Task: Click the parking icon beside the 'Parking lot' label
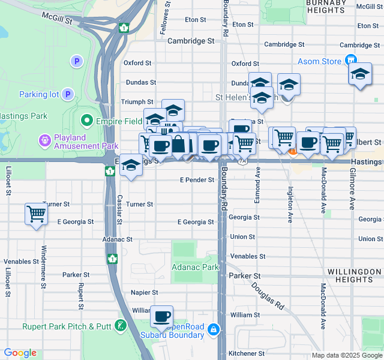[68, 94]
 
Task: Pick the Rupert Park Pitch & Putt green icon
[122, 326]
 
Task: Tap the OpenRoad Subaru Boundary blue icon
[214, 329]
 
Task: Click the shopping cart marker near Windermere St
[36, 213]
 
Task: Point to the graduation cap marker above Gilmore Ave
[359, 74]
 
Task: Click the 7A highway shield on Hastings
[242, 161]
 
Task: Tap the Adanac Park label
[195, 266]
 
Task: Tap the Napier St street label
[144, 292]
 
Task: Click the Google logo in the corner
[20, 353]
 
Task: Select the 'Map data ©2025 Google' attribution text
[346, 355]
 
